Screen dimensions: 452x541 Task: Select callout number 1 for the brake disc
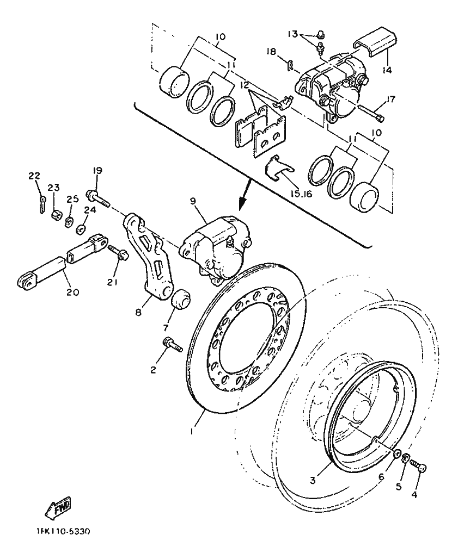pos(192,431)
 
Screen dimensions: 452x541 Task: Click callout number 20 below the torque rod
pos(73,292)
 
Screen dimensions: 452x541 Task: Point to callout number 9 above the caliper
pos(193,201)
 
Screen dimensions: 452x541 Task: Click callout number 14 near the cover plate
pos(387,70)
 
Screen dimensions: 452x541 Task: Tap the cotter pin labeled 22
pos(42,204)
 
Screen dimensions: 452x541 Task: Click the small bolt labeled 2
pos(172,345)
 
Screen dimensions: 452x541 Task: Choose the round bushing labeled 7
pos(181,300)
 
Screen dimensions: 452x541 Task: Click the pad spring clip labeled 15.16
pos(279,168)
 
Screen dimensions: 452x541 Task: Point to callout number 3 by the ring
pos(313,480)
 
